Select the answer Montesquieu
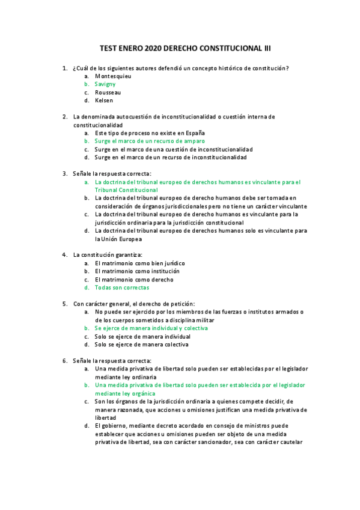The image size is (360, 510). (x=113, y=76)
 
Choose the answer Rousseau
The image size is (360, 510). (x=108, y=93)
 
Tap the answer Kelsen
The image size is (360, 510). (x=103, y=101)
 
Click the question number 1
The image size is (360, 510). (x=64, y=69)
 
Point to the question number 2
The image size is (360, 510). (x=64, y=117)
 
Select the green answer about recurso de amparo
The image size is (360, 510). (x=150, y=141)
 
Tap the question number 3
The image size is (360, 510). (x=64, y=173)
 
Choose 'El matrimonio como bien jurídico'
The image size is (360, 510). (x=139, y=263)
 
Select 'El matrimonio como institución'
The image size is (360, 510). (x=137, y=271)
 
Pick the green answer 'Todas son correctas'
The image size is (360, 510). (x=122, y=287)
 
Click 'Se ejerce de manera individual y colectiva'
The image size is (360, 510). (x=151, y=328)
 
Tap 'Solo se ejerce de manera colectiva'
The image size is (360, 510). (x=141, y=345)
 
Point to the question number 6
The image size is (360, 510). (x=64, y=360)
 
